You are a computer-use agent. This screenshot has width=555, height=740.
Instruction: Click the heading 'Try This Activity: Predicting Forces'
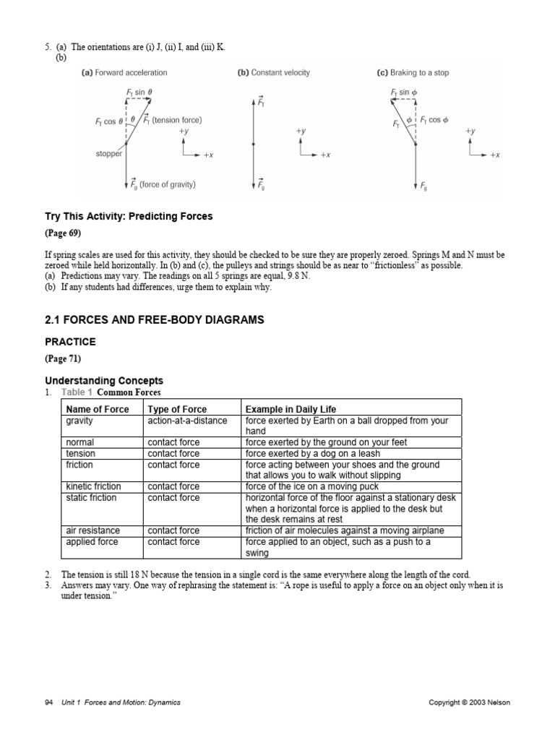coord(129,216)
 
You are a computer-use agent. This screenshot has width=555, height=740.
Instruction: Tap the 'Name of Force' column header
coord(98,409)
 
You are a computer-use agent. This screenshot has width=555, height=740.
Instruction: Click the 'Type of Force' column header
coord(177,409)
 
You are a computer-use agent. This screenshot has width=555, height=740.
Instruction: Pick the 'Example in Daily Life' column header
coord(291,409)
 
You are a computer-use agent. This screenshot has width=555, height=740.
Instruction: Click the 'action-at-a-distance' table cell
coord(187,421)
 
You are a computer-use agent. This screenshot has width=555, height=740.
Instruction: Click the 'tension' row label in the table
coord(80,453)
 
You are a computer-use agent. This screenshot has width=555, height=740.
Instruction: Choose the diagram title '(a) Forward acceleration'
coord(124,73)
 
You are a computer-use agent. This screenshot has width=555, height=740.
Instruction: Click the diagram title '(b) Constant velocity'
coord(273,73)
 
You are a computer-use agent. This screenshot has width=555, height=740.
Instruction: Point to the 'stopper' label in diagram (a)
coord(108,153)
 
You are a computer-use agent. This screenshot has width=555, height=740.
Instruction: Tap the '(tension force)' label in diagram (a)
coord(177,120)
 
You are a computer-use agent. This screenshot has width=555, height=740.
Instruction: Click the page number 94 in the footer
coord(49,702)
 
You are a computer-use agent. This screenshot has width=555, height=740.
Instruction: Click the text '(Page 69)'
coord(64,233)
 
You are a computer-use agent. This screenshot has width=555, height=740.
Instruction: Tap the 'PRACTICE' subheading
coord(70,341)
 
